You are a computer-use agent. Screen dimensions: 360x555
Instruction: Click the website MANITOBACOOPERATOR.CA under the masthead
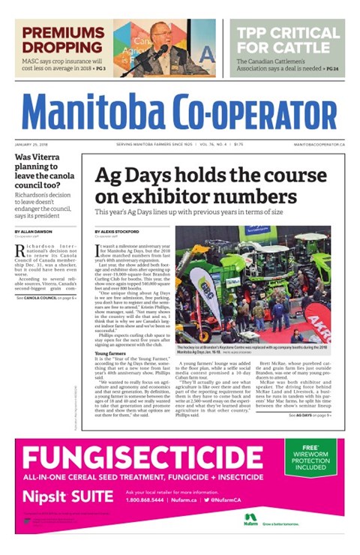(319, 143)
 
